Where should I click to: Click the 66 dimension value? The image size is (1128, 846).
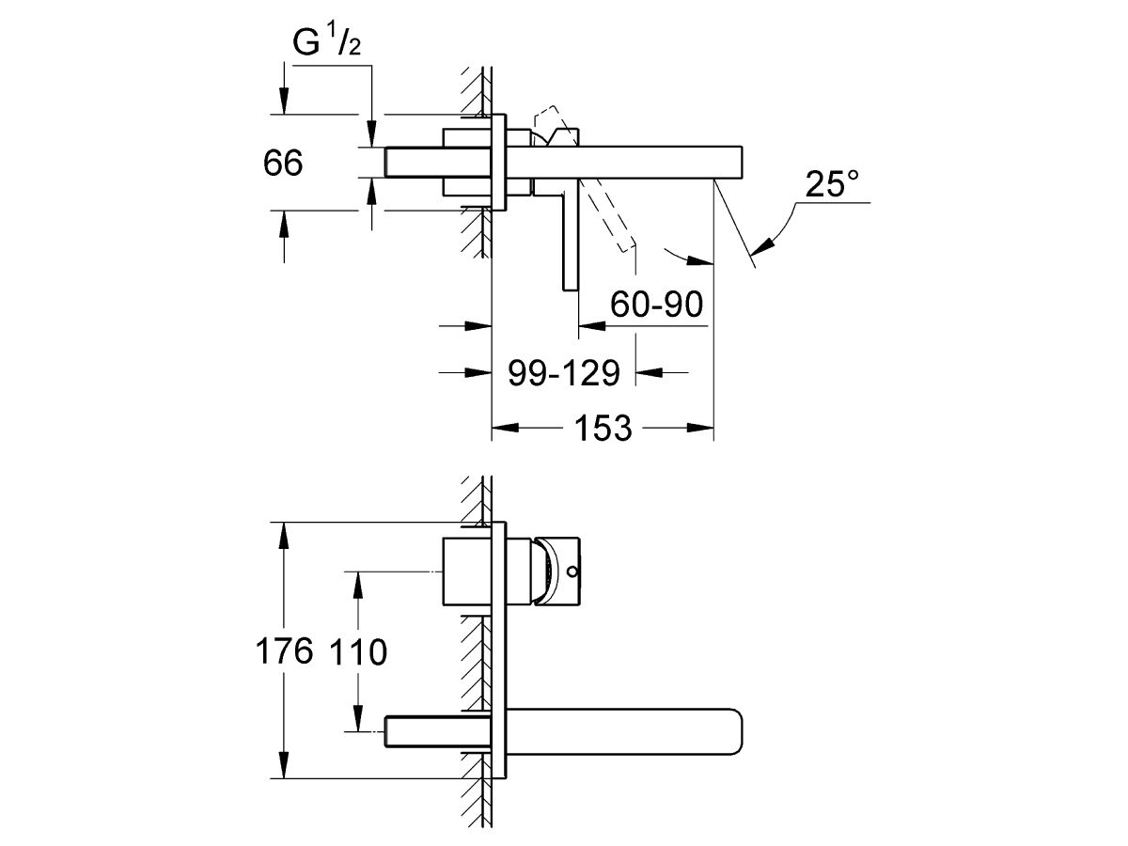[x=283, y=164]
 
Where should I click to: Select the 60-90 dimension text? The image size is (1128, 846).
[x=657, y=305]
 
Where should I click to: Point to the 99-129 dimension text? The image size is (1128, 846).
[x=563, y=373]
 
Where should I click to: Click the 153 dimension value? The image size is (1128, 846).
[x=602, y=429]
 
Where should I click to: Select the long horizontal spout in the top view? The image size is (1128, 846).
[x=639, y=160]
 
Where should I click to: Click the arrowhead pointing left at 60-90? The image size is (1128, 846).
[x=590, y=326]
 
